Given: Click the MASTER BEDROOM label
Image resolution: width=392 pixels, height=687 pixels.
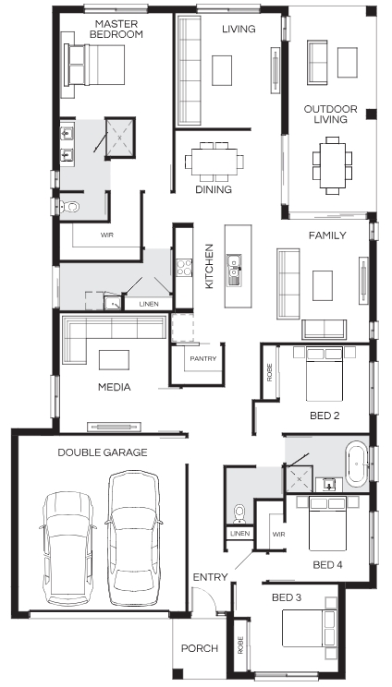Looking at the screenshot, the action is [x=116, y=29].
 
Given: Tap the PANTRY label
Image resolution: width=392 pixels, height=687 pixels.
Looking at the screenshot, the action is [x=203, y=358].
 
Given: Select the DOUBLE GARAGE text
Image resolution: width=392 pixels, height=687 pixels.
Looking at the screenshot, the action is [x=103, y=452].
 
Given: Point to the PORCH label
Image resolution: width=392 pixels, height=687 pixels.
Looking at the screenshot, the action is [x=200, y=648].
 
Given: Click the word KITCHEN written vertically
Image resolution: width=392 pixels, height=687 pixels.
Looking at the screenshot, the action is [x=209, y=266].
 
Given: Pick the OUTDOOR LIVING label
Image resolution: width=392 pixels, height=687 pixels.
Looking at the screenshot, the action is [x=331, y=114].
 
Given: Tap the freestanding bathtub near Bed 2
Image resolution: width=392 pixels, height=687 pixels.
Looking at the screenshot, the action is [x=357, y=464].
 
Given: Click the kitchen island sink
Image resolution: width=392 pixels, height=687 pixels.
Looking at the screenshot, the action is [x=234, y=270].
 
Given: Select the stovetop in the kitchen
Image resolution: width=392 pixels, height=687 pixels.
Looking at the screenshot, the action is [x=184, y=267].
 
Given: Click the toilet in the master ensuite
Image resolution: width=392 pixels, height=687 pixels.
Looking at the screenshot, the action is [x=68, y=206].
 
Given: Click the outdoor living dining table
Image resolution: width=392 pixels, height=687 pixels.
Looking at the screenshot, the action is [x=332, y=165].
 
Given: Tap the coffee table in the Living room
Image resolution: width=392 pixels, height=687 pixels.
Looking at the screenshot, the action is [x=222, y=70].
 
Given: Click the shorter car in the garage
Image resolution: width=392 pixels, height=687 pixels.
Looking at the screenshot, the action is [x=68, y=548].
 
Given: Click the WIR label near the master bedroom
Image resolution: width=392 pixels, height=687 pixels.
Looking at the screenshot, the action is [x=107, y=235].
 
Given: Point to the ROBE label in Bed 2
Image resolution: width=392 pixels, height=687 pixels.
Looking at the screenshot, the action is [x=269, y=372].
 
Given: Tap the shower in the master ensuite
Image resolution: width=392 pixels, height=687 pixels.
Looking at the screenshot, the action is [x=120, y=138].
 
